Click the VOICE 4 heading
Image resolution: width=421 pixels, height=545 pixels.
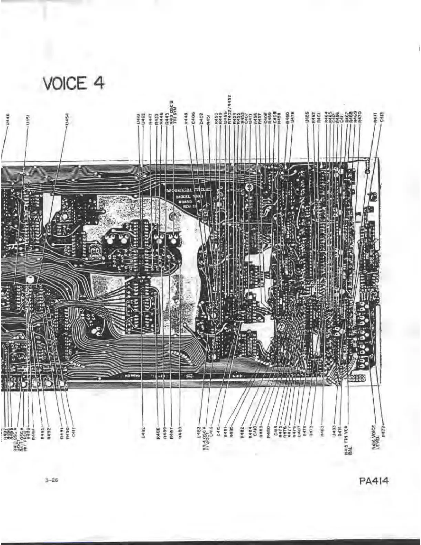74,83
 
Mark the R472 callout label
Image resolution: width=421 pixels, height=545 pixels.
383,432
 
